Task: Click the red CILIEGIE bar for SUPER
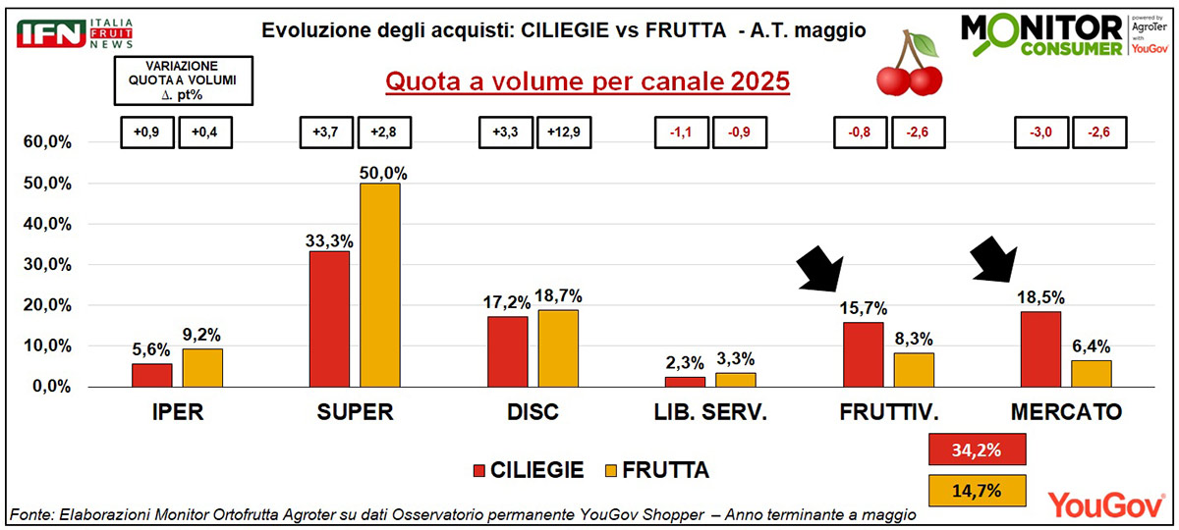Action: pos(329,319)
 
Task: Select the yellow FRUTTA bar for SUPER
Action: pos(379,285)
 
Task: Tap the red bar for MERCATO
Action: pos(1040,348)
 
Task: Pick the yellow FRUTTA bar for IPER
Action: pos(201,367)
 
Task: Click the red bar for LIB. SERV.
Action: pos(684,381)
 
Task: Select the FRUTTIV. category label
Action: pos(889,412)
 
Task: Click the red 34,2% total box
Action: pos(977,450)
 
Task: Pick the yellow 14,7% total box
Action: pos(977,489)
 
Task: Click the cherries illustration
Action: pos(908,65)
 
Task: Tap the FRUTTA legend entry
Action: pos(652,471)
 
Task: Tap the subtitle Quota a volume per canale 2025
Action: pos(588,80)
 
